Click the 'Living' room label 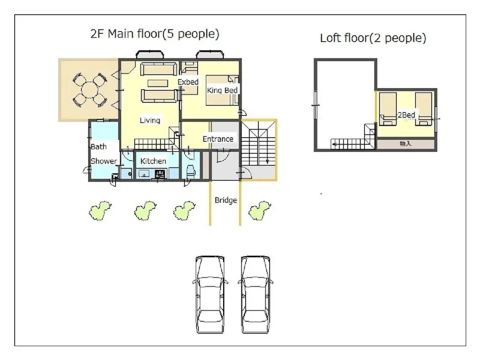point(150,120)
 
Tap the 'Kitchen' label point(153,161)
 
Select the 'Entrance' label point(218,139)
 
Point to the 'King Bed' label point(222,90)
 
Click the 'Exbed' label point(188,82)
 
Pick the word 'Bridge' point(226,200)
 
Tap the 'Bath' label point(98,146)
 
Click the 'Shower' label point(104,161)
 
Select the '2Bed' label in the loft point(406,115)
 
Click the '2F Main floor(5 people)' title point(155,34)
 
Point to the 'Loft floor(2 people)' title point(373,38)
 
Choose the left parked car point(210,295)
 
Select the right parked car point(256,295)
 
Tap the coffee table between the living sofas point(158,83)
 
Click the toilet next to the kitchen point(191,171)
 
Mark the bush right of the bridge point(259,210)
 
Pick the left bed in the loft point(388,109)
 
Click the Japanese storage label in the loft point(406,144)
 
